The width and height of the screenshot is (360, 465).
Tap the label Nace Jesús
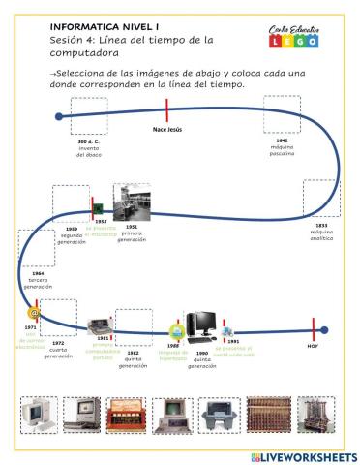[167, 129]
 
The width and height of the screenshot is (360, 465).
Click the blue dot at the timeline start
[60, 117]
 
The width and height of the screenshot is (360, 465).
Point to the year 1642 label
[282, 140]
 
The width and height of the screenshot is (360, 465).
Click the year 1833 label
[321, 225]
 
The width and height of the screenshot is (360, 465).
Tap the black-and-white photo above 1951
[131, 202]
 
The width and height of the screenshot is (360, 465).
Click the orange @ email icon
[33, 314]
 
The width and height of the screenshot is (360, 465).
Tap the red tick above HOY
[313, 330]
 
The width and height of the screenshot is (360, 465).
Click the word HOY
[313, 346]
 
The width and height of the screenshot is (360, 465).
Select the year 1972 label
[58, 343]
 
